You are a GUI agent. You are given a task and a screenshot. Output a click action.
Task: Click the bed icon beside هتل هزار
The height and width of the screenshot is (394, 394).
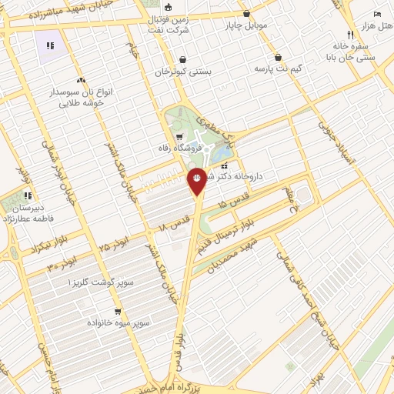pos(377,14)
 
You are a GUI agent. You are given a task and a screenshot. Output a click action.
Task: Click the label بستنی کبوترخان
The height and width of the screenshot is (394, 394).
pos(182,72)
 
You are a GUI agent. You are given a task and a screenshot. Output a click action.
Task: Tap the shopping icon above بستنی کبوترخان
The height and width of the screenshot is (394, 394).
pos(182,59)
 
